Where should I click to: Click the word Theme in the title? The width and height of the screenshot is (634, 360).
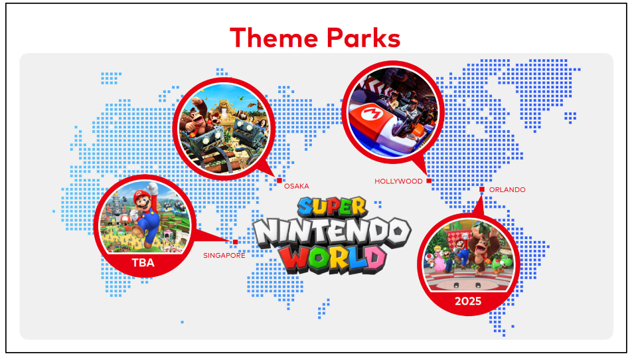coord(274,38)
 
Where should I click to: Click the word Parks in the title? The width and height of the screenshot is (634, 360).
coord(364,38)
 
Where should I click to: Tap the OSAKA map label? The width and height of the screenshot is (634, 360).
coord(296,186)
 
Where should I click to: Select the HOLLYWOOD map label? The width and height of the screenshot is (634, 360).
coord(398,181)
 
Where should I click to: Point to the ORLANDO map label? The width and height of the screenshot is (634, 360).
coord(507,190)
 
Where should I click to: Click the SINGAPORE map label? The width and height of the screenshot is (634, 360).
coord(224,256)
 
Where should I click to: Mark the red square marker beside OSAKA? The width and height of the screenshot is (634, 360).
coord(279,181)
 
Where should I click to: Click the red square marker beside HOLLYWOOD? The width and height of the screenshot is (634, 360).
coord(429,181)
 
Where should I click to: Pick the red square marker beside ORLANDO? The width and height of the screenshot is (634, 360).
coord(481,189)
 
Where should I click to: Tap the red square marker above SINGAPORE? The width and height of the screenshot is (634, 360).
coord(235,242)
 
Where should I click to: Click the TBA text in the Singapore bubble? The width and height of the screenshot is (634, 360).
coord(143,263)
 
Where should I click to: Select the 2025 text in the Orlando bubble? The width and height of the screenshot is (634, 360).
coord(468,302)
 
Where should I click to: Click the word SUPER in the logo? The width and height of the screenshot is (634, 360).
coord(333,207)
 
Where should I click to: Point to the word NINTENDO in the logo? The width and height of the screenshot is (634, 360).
coord(333,234)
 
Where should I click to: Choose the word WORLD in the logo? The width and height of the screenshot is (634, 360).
coord(334,259)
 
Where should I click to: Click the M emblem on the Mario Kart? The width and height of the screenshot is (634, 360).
coord(371,114)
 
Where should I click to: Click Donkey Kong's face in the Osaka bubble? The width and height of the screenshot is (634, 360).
coord(200,117)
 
